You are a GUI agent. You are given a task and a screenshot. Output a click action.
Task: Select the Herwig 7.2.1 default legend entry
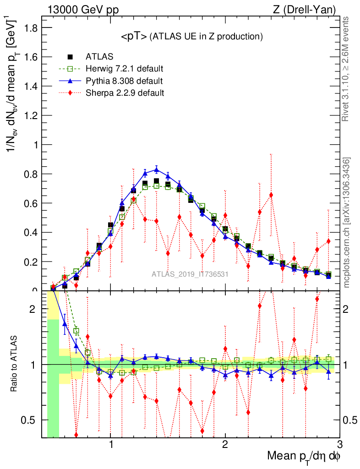tap(124, 69)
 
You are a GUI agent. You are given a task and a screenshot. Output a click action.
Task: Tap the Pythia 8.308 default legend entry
tap(124, 81)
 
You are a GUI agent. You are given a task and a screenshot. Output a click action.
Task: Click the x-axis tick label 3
tap(339, 445)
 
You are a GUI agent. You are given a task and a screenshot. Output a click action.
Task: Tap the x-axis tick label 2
tap(225, 445)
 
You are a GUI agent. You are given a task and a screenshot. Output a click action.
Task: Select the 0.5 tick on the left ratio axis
tap(33, 420)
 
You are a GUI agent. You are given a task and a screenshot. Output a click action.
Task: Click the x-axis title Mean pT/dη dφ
tap(304, 457)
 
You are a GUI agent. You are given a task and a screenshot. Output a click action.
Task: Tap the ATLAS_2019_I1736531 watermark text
tap(190, 274)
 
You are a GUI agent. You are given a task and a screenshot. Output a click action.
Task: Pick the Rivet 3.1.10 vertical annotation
tap(347, 69)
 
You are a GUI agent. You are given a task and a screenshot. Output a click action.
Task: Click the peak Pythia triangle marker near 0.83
tap(156, 169)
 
